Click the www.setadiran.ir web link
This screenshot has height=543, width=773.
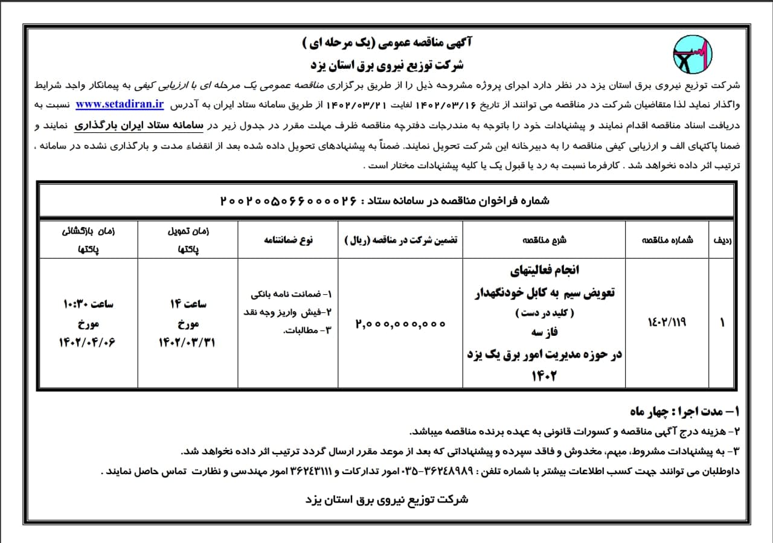click(x=120, y=104)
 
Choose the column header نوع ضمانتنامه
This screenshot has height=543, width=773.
click(x=288, y=239)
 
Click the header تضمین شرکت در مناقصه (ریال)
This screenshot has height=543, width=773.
click(x=401, y=239)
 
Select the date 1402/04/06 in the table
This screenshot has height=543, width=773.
click(x=87, y=342)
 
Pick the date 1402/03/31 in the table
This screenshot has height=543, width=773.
click(x=188, y=342)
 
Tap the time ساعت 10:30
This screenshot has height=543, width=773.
click(x=88, y=304)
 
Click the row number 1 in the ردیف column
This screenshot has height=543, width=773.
click(x=722, y=323)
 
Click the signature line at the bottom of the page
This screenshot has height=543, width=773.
click(x=387, y=500)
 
